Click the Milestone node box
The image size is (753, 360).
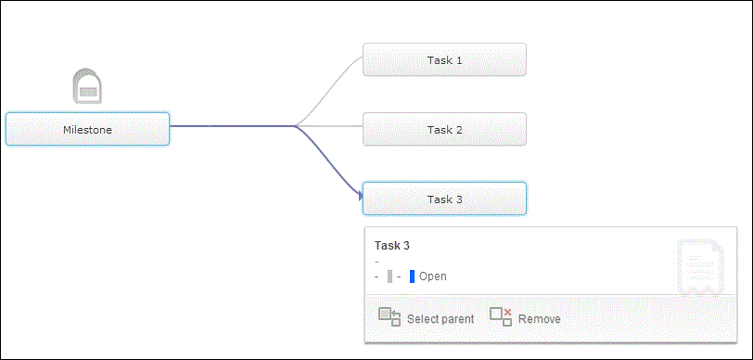coord(87,129)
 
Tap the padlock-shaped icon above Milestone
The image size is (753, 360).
coord(87,85)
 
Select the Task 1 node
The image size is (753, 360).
coord(444,59)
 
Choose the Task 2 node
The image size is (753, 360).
coord(444,129)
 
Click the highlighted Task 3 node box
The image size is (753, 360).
coord(444,199)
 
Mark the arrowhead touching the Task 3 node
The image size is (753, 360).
coord(358,196)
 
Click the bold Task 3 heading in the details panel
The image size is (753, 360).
coord(391,246)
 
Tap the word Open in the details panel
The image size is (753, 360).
coord(433,276)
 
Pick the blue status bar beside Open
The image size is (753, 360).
coord(412,276)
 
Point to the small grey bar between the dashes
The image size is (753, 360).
coord(389,276)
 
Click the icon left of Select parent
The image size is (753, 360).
coord(389,316)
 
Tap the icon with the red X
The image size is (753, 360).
coord(501,316)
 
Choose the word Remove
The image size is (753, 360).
coord(540,319)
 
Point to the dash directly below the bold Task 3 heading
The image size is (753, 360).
coord(376,262)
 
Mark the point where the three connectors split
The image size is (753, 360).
coord(295,126)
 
